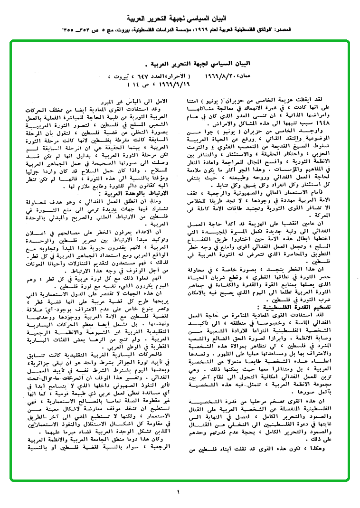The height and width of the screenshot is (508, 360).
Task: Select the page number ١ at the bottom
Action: (x=179, y=492)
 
